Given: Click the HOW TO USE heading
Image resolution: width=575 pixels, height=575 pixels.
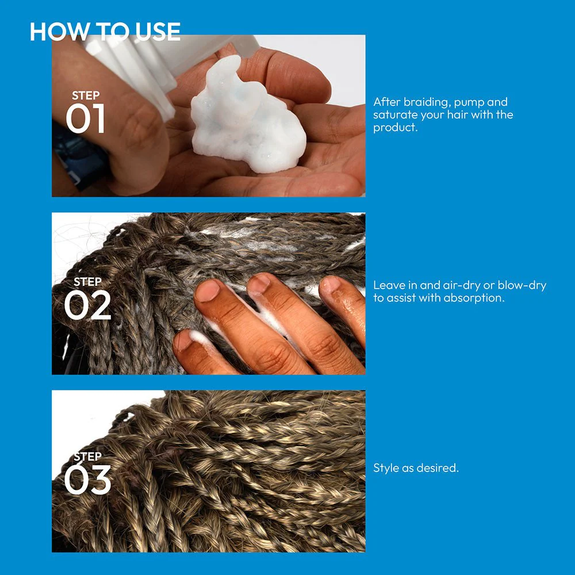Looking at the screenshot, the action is (105, 32).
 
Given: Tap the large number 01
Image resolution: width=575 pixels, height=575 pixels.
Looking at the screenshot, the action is (86, 118).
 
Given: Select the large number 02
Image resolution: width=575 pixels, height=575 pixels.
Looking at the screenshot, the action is (87, 305).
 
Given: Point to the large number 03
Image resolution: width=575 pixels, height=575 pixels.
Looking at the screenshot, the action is (87, 480).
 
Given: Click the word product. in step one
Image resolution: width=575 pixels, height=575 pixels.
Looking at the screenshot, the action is (396, 128).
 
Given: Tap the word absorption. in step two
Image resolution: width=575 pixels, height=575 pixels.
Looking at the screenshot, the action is (474, 298).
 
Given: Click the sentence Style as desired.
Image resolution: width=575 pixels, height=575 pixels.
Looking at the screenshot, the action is (416, 468).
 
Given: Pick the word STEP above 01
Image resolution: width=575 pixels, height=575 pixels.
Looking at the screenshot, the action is (86, 95).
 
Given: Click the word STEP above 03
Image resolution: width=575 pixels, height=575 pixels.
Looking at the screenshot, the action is (87, 456).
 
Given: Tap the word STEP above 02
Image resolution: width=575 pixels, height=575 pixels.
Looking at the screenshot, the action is (87, 282).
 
